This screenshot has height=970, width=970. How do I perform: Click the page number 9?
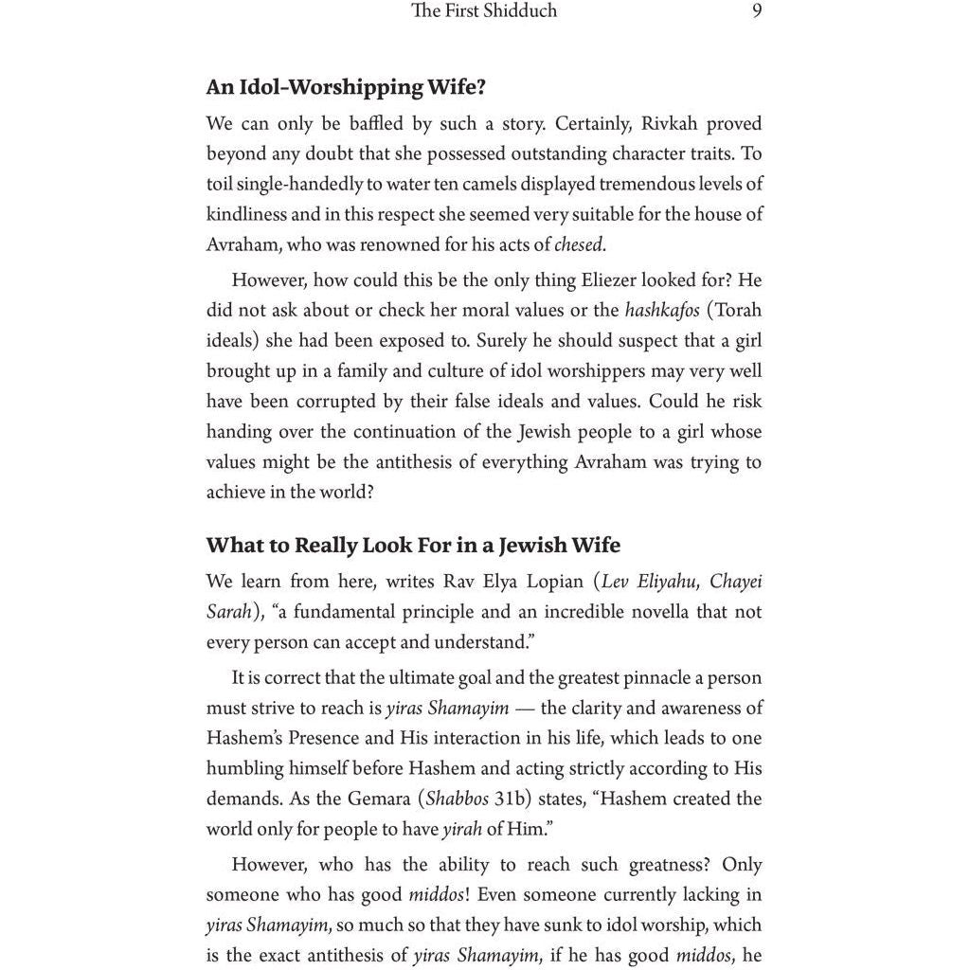757,12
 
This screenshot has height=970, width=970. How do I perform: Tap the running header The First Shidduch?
484,12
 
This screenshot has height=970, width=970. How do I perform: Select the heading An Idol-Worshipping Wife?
346,88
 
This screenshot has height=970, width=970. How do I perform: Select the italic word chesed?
579,244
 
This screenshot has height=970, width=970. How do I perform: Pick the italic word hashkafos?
662,311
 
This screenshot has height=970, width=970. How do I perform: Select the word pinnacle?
624,678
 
